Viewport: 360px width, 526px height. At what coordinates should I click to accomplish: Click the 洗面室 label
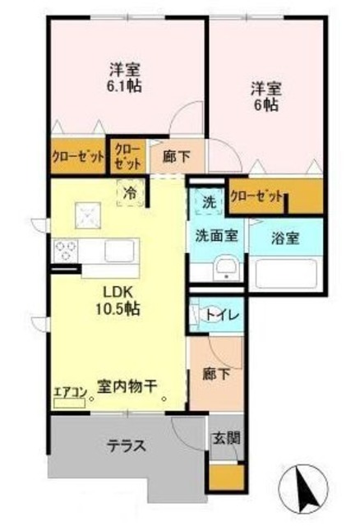coord(216,235)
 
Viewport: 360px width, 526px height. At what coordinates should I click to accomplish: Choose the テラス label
coord(126,446)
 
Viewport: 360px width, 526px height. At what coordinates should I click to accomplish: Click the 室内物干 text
coord(127,385)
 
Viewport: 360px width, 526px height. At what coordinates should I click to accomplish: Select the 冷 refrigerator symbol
coord(131,194)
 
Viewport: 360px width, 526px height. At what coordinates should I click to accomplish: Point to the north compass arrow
coord(309,486)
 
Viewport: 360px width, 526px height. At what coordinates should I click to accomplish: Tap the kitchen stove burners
coord(67,249)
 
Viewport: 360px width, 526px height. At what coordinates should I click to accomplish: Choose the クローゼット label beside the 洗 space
coord(256,196)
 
